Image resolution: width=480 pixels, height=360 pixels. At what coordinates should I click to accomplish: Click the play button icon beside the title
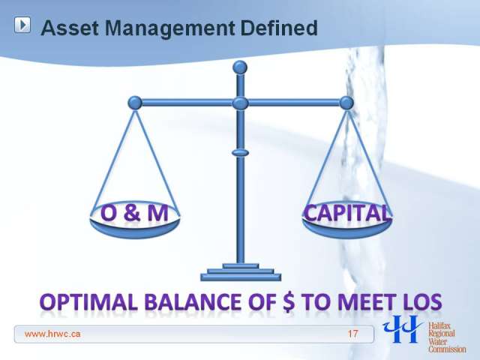click(x=22, y=25)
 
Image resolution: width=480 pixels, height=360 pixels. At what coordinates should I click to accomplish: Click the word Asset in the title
click(x=70, y=28)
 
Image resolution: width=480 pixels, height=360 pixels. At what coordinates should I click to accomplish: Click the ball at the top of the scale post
click(x=240, y=67)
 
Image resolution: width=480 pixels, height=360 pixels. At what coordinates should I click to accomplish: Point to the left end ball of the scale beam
click(x=135, y=103)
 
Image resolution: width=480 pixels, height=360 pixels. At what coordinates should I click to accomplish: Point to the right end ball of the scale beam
click(x=346, y=103)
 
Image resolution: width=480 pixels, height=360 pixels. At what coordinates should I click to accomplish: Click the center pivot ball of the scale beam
click(x=240, y=103)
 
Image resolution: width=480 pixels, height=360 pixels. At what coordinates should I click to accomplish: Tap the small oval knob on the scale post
click(x=240, y=152)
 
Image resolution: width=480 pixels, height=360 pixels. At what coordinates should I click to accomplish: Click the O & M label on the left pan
click(x=134, y=213)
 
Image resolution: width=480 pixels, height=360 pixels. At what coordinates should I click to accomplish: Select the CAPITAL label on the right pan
click(x=347, y=213)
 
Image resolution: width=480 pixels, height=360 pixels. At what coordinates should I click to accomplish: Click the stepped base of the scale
click(x=241, y=272)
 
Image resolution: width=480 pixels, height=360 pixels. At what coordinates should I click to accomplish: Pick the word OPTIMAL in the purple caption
click(x=88, y=301)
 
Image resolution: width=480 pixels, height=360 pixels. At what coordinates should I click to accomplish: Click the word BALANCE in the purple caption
click(x=193, y=301)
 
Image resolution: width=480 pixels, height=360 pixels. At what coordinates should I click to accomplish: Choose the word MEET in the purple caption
click(x=366, y=301)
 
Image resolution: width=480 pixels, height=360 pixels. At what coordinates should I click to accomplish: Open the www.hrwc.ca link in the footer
click(x=52, y=334)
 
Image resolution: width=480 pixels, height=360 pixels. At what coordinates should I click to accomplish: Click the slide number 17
click(x=352, y=334)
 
